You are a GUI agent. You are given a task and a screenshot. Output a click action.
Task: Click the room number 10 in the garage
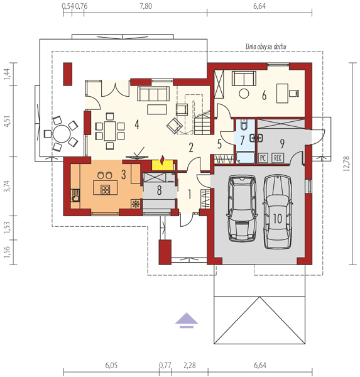tap(277, 219)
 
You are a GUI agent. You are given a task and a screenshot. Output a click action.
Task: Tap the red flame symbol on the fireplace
tap(163, 161)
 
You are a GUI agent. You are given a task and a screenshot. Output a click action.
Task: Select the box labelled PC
tap(263, 158)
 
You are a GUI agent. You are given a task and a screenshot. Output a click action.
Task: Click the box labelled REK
tap(278, 158)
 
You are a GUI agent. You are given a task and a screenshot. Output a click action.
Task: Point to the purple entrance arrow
tap(187, 320)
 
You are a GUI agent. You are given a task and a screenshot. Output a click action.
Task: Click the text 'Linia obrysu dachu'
tap(266, 46)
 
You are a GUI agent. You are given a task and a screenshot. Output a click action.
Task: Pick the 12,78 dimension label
tap(347, 163)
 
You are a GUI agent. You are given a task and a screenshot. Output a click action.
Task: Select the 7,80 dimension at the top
tap(146, 6)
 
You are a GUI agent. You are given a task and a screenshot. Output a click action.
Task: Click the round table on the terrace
tap(62, 134)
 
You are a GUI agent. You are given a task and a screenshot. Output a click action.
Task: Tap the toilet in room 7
tap(244, 125)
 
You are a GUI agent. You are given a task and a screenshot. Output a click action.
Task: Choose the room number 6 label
tap(264, 96)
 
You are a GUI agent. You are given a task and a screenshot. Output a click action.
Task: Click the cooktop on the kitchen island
tap(106, 190)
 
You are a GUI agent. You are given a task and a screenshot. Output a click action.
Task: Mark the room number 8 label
tap(159, 190)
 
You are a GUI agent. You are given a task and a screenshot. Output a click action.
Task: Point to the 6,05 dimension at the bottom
tap(111, 366)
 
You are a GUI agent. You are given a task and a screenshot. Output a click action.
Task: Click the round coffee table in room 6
tap(244, 93)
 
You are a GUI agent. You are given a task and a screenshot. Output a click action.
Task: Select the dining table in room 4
tap(110, 131)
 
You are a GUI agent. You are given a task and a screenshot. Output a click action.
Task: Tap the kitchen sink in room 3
tap(75, 195)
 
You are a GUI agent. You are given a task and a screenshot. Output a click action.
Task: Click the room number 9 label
tap(282, 143)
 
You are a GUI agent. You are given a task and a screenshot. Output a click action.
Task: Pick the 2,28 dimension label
tap(190, 366)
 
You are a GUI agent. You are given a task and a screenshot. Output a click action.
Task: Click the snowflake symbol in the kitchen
tap(136, 204)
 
